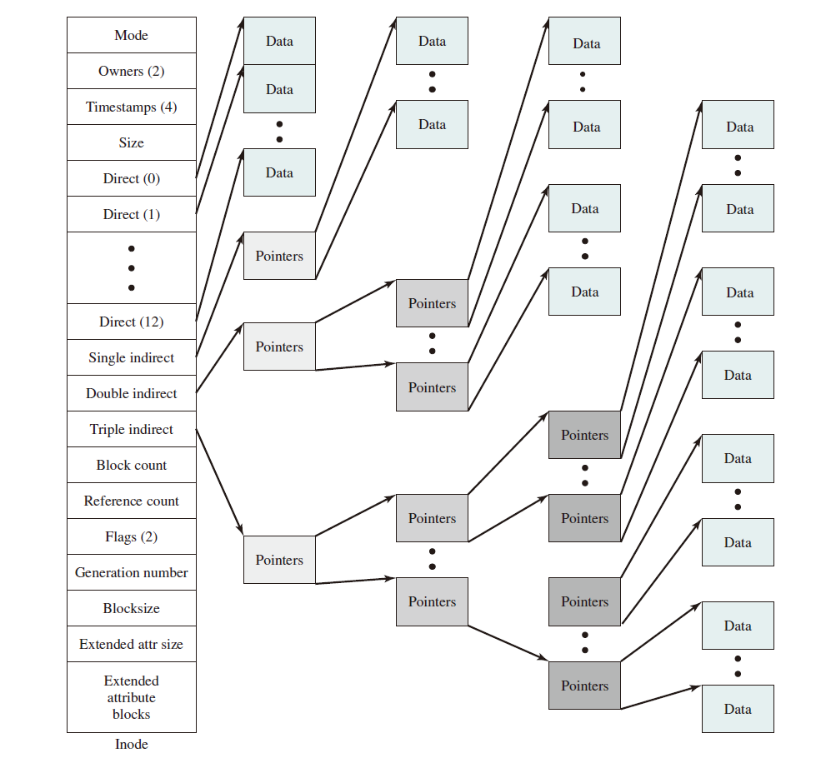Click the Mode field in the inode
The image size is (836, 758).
pos(132,35)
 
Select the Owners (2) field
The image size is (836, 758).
pos(132,71)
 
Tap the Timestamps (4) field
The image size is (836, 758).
pos(132,107)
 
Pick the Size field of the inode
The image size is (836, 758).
pos(132,142)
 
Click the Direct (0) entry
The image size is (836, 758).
pos(132,178)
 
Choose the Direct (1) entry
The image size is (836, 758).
pos(132,214)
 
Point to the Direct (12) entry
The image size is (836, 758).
pos(132,322)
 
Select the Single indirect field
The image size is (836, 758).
pos(132,357)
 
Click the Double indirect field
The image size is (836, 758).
pos(132,393)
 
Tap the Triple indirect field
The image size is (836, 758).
pos(132,429)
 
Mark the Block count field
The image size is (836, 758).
pos(132,465)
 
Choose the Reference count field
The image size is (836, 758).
pos(132,501)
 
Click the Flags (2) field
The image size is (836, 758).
pos(132,536)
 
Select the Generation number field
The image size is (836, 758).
pos(132,572)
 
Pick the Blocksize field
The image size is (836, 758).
pos(132,608)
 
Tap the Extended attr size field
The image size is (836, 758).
pos(132,644)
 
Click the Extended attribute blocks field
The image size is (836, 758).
pos(132,697)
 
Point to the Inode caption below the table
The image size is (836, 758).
pos(132,744)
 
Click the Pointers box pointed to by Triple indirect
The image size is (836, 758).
pos(279,560)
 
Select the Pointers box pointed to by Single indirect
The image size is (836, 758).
pos(279,256)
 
